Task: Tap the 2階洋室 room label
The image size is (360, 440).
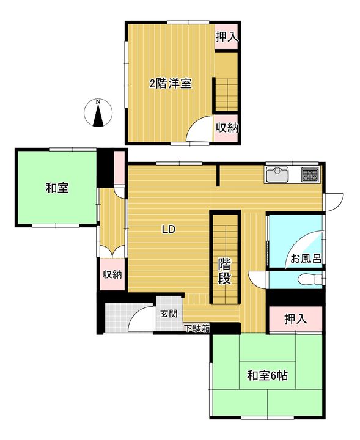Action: (171, 84)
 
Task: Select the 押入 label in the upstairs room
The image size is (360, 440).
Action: (227, 37)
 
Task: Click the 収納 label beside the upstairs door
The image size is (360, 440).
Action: (227, 128)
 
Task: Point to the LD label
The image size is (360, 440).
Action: (169, 230)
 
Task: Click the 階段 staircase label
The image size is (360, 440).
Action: (225, 271)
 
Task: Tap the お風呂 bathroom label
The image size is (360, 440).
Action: (306, 258)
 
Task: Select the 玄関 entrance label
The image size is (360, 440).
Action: (169, 313)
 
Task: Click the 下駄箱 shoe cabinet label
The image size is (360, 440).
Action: (198, 328)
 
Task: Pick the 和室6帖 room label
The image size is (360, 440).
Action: (267, 376)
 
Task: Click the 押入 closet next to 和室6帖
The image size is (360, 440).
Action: (296, 319)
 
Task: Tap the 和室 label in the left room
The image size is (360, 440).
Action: (57, 188)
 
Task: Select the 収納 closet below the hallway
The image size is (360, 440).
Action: (112, 274)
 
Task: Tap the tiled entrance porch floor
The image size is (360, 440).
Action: (120, 318)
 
